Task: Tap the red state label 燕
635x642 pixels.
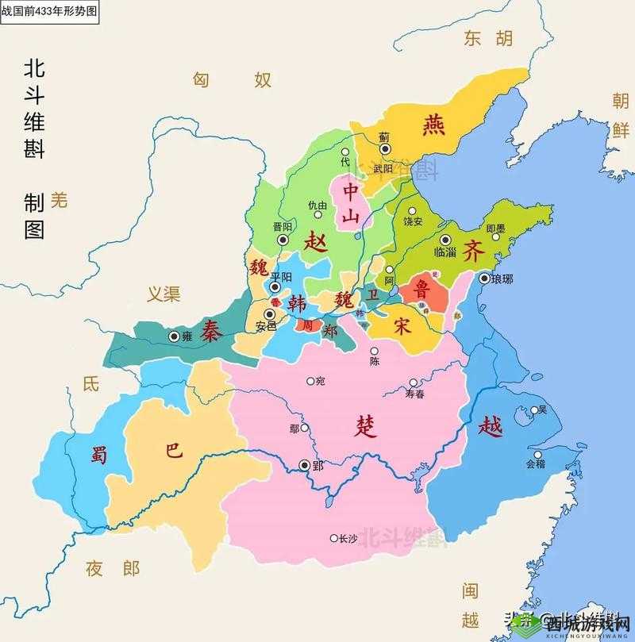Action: pyautogui.click(x=434, y=125)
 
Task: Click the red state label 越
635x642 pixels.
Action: pyautogui.click(x=491, y=427)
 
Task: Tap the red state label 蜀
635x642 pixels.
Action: pyautogui.click(x=98, y=455)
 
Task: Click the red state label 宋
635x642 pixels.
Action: pyautogui.click(x=403, y=325)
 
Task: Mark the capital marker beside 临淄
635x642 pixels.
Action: pyautogui.click(x=445, y=240)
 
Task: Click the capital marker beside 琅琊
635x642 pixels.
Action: pyautogui.click(x=484, y=279)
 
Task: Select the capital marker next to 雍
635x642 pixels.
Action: pyautogui.click(x=174, y=336)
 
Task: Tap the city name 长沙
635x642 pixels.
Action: pyautogui.click(x=348, y=538)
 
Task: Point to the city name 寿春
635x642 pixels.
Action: pyautogui.click(x=415, y=393)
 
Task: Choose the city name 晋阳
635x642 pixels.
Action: pyautogui.click(x=282, y=226)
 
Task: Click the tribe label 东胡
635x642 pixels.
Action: pyautogui.click(x=489, y=38)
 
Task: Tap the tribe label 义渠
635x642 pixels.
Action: pyautogui.click(x=164, y=294)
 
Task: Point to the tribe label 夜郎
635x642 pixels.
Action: pyautogui.click(x=113, y=568)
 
